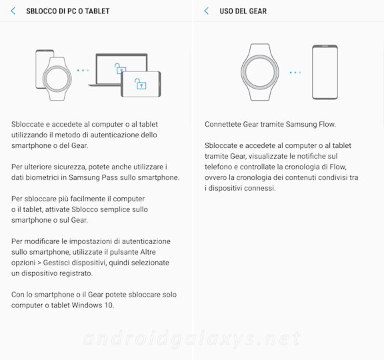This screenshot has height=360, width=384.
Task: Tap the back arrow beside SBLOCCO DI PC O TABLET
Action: [13, 11]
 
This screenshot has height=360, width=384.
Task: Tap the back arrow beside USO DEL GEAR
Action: [207, 11]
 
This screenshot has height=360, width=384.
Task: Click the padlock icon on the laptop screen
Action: [119, 68]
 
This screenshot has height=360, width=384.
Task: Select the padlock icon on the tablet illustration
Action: [140, 84]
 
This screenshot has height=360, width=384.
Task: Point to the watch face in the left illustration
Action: [57, 79]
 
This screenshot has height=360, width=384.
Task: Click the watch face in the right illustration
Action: [260, 73]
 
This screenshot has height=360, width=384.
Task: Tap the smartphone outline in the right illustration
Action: [325, 72]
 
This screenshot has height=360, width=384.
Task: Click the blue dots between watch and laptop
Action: [83, 70]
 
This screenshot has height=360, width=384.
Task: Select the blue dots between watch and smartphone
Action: [295, 73]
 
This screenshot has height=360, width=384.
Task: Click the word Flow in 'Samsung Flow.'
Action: [327, 124]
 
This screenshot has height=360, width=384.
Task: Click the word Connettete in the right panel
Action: [223, 124]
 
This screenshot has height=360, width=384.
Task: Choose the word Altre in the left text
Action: [148, 252]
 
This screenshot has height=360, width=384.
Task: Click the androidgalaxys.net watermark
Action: [192, 339]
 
